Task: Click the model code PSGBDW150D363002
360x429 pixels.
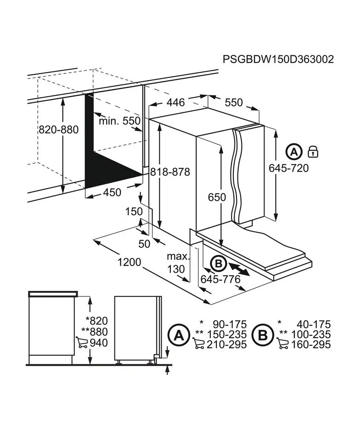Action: pos(278,59)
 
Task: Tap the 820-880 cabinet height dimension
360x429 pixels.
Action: pos(59,129)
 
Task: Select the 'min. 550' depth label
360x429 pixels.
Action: pos(119,121)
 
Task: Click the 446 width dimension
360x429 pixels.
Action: pos(176,102)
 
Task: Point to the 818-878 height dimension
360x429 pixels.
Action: pos(170,172)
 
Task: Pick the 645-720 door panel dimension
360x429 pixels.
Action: pos(288,168)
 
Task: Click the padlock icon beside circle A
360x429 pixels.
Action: pos(313,151)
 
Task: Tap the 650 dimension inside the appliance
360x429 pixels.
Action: pos(217,197)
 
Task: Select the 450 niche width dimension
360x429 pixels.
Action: pos(112,192)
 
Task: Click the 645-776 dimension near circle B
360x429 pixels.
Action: pos(220,279)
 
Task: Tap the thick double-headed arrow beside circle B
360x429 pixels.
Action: pos(238,269)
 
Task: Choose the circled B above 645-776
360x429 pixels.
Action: pos(218,264)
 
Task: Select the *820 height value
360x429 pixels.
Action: pos(96,320)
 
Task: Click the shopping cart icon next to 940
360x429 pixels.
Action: pos(81,342)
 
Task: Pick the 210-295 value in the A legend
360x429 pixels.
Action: pos(227,345)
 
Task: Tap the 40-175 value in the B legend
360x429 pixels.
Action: pos(314,324)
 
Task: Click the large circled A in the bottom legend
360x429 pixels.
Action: pos(179,335)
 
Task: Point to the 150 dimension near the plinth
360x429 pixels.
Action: pos(134,212)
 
